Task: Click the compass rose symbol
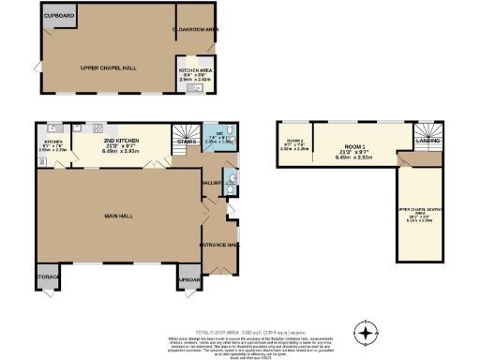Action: pos(366,331)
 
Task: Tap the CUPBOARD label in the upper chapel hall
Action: pos(59,16)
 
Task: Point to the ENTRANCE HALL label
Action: pos(218,245)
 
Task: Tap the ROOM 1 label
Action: pos(352,146)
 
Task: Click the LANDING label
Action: pos(427,142)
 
